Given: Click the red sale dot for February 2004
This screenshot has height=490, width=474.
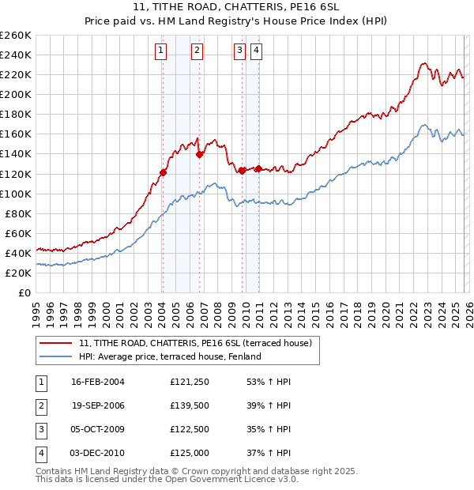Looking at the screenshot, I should (163, 172).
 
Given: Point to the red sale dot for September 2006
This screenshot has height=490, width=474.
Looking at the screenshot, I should (199, 154).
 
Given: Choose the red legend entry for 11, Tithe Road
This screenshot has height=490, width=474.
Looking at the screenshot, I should (196, 343).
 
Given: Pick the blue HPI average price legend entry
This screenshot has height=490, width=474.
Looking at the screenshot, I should (171, 356).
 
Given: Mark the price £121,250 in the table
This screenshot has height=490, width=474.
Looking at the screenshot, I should (190, 381).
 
